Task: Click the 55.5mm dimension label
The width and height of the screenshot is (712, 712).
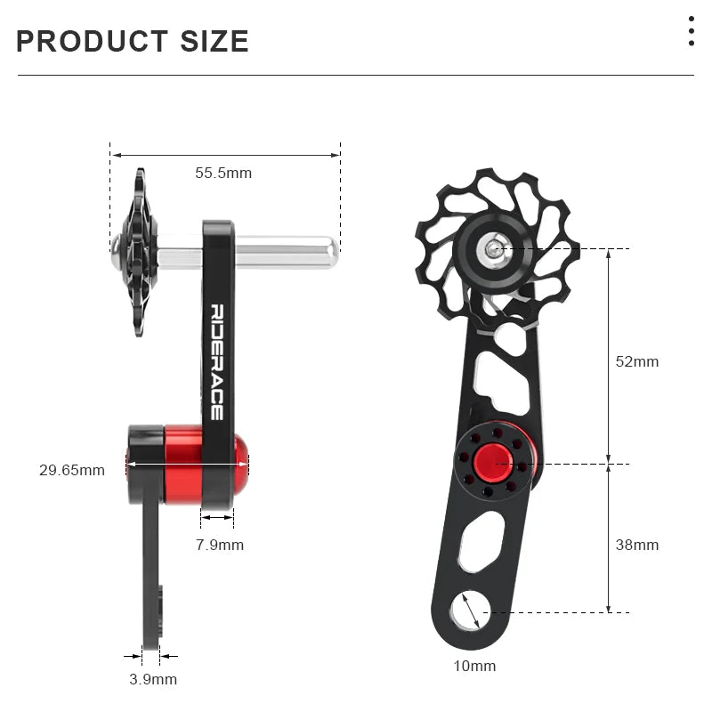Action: [x=223, y=173]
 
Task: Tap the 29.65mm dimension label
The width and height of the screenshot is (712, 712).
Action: [x=71, y=469]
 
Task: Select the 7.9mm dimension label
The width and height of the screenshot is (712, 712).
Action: [x=220, y=545]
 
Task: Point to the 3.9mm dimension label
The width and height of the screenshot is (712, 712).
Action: [x=153, y=679]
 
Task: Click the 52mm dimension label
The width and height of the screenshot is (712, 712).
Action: [x=637, y=361]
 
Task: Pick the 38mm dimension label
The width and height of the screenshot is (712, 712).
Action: [x=637, y=545]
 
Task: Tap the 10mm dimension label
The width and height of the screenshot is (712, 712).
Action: [x=474, y=666]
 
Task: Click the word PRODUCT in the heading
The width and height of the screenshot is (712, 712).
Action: [x=93, y=41]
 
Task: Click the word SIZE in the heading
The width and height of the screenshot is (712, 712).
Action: [x=214, y=41]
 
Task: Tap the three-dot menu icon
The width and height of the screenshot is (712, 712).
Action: [x=691, y=31]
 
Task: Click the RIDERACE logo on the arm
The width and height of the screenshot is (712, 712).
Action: [x=217, y=361]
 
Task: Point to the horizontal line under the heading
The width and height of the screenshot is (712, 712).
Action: [x=356, y=76]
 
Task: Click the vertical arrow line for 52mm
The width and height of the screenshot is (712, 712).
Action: [x=609, y=356]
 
